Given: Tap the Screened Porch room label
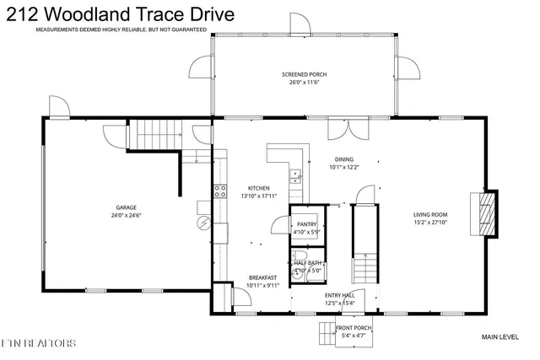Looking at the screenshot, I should [x=305, y=74].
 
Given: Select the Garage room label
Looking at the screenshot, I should [x=127, y=207].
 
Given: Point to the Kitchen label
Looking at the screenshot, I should [x=258, y=187].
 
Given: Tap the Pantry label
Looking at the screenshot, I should [x=305, y=223].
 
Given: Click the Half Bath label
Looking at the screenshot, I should [x=307, y=263].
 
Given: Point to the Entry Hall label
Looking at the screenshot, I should [x=339, y=295].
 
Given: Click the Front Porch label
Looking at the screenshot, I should [x=355, y=329].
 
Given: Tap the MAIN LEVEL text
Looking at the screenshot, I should [x=500, y=336].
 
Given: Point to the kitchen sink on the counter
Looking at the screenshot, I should [x=295, y=175].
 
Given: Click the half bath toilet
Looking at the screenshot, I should [x=297, y=271].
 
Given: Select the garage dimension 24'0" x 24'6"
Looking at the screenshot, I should [x=127, y=216].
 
